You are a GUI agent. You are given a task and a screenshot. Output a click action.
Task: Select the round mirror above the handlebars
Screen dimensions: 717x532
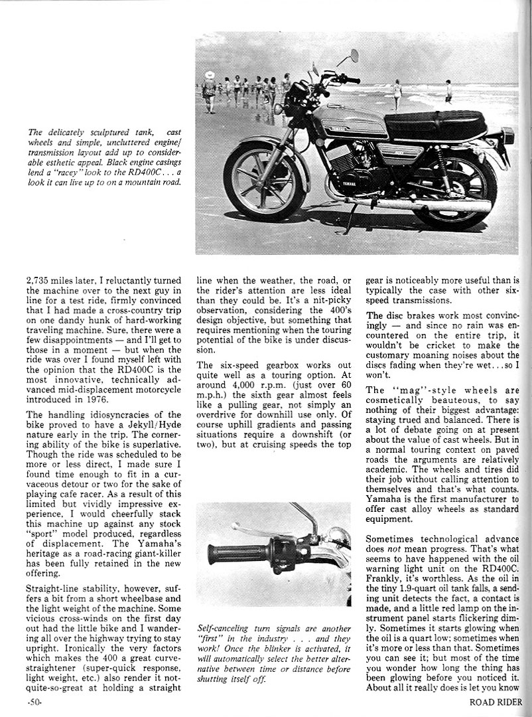point(355,55)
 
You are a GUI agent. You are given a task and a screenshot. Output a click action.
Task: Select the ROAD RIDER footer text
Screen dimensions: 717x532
point(497,702)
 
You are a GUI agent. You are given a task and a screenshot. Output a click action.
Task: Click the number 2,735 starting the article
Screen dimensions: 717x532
point(40,281)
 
